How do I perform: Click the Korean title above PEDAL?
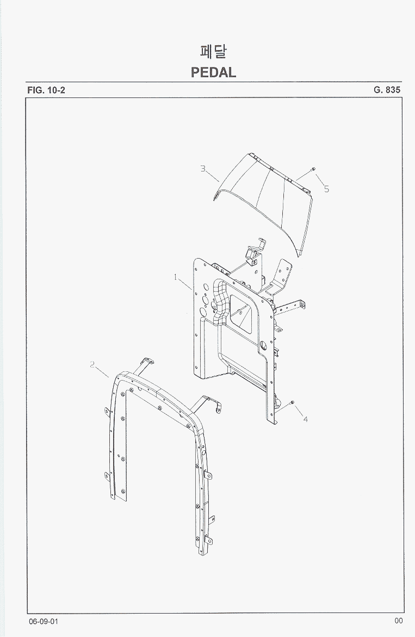pos(213,52)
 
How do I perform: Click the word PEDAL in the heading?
pos(213,72)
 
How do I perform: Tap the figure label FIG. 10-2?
pos(46,90)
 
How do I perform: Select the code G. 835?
pos(387,90)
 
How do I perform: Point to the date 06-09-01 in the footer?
pos(44,622)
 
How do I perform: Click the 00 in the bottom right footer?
pos(398,620)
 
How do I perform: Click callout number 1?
pos(176,277)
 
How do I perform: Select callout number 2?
pos(92,364)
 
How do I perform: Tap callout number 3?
pos(203,168)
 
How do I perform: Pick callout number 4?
pos(306,419)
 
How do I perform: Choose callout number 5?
pos(326,189)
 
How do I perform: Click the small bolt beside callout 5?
pos(313,169)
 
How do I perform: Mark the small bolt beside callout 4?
pos(292,402)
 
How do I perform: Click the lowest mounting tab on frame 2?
pos(208,540)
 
